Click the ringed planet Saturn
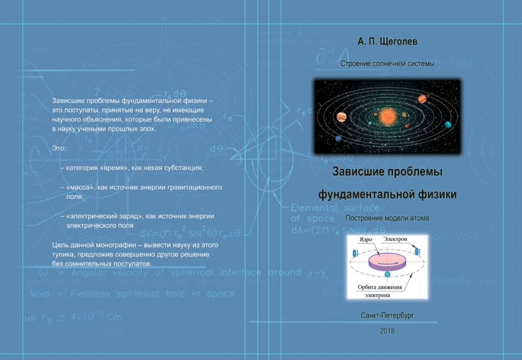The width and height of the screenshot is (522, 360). click(x=422, y=99)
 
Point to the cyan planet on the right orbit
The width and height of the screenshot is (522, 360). click(x=448, y=124)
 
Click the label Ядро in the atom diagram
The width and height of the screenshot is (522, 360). click(x=365, y=239)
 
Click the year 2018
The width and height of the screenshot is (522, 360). click(x=387, y=331)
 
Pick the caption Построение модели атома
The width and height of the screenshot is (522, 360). click(x=387, y=219)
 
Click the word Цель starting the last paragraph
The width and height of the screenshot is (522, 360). click(x=60, y=245)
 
